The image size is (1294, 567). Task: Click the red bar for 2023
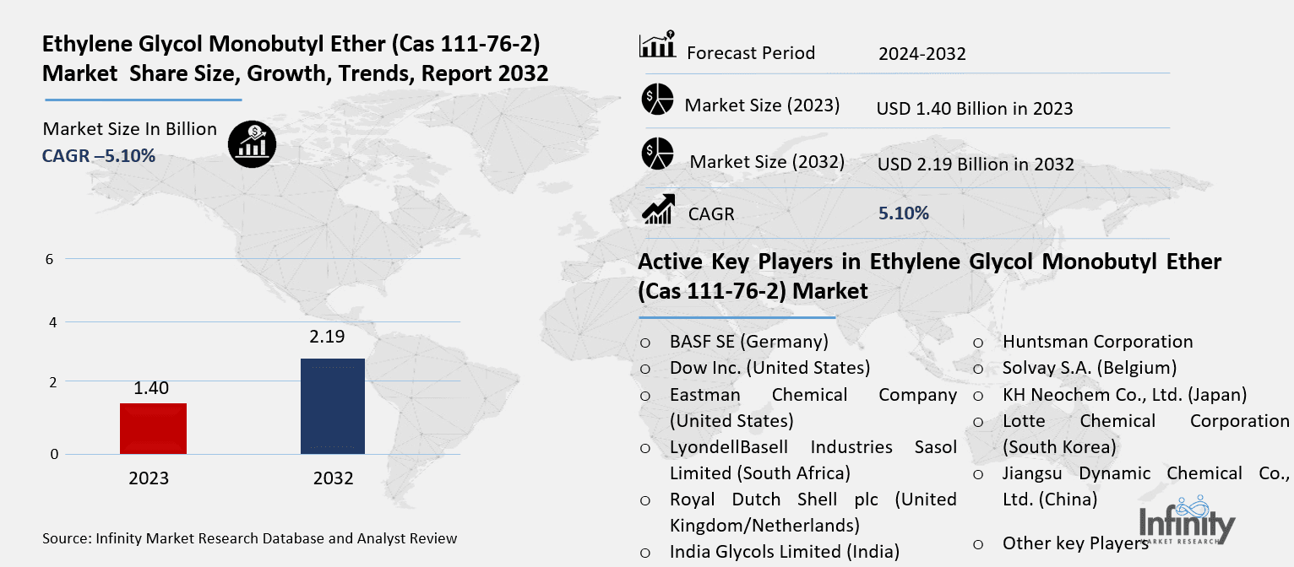(153, 429)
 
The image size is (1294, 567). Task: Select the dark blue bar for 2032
(333, 406)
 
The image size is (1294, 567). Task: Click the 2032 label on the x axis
(333, 478)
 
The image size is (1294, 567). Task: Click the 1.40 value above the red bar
(151, 388)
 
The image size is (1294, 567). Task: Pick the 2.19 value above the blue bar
(328, 337)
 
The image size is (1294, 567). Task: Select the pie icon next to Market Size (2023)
(656, 100)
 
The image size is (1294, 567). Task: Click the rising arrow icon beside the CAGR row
(658, 210)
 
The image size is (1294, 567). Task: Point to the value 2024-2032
(922, 54)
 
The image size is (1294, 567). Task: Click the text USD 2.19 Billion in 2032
(976, 164)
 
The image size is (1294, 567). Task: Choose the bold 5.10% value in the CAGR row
(903, 213)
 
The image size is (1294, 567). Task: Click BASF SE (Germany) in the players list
(748, 342)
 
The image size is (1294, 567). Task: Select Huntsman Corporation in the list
(1097, 342)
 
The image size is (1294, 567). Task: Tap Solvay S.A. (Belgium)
(1090, 368)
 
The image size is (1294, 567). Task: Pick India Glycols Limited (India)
(784, 552)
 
